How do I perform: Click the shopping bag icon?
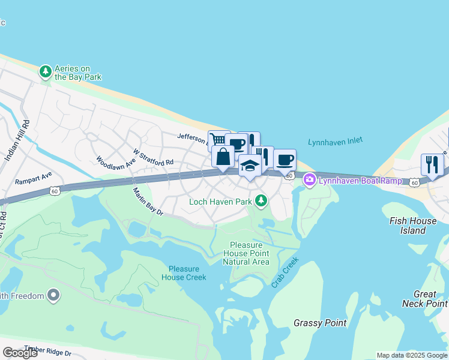(x=223, y=157)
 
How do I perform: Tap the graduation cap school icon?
(x=250, y=166)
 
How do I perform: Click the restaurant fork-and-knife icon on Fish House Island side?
(x=432, y=164)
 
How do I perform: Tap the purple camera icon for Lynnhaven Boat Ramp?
(x=310, y=179)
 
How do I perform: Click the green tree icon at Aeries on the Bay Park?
(x=45, y=72)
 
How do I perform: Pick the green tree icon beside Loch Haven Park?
(x=261, y=201)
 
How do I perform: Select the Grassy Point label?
(x=320, y=323)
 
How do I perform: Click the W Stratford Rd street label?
(x=153, y=157)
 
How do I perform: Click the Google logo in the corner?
(x=20, y=353)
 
